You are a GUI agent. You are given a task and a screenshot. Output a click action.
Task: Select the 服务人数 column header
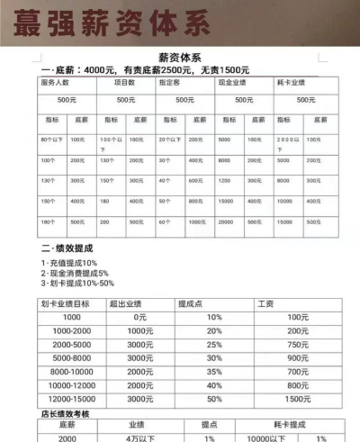pyautogui.click(x=57, y=82)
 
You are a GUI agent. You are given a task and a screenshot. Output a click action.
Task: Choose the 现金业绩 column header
pyautogui.click(x=233, y=82)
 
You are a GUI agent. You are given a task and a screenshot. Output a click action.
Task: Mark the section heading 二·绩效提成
pyautogui.click(x=67, y=247)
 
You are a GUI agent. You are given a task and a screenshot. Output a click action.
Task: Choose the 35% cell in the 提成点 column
pyautogui.click(x=214, y=371)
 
